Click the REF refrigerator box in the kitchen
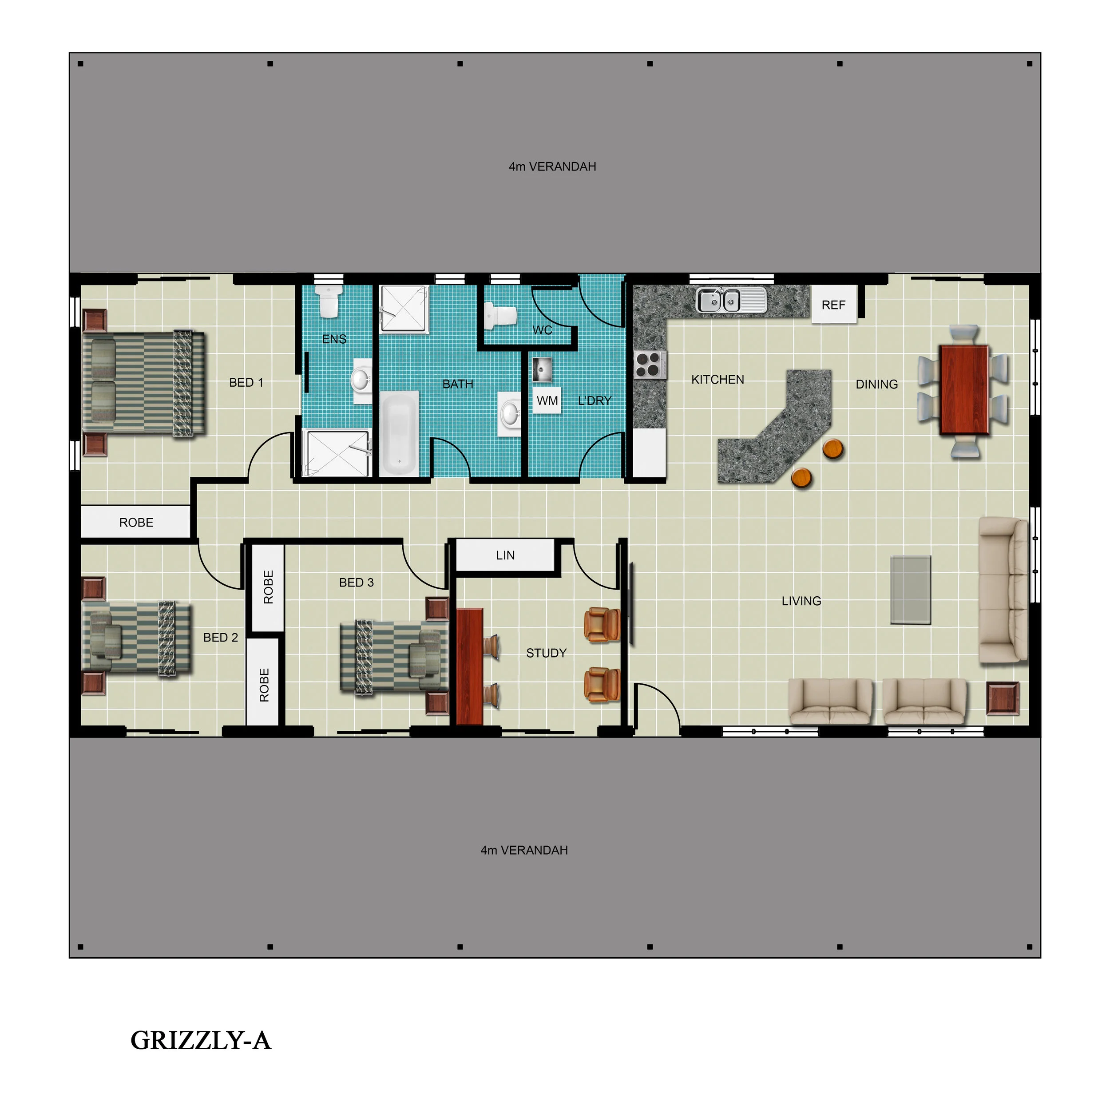pyautogui.click(x=833, y=305)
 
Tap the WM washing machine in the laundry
pyautogui.click(x=547, y=400)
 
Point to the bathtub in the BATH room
pyautogui.click(x=399, y=433)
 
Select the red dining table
pyautogui.click(x=964, y=389)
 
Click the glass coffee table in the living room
pyautogui.click(x=911, y=590)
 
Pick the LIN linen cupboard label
pyautogui.click(x=505, y=555)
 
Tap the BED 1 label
pyautogui.click(x=246, y=383)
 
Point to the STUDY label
pyautogui.click(x=546, y=653)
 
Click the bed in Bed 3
pyautogui.click(x=393, y=656)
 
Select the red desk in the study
pyautogui.click(x=469, y=666)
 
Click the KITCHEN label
pyautogui.click(x=718, y=380)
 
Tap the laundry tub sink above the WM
pyautogui.click(x=541, y=369)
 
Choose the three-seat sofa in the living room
pyautogui.click(x=1003, y=590)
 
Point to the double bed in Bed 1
pyautogui.click(x=143, y=383)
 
